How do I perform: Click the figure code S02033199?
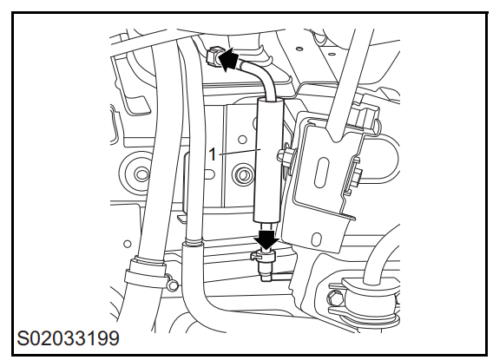(68, 338)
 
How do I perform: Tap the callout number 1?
(213, 154)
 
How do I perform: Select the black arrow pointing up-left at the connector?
(228, 59)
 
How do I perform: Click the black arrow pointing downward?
(266, 239)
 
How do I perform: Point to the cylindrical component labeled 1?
(269, 160)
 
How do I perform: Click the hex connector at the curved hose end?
(214, 56)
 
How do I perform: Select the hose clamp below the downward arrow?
(264, 255)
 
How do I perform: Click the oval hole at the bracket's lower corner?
(318, 239)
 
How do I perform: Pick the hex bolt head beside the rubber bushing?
(333, 298)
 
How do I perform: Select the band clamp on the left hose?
(145, 272)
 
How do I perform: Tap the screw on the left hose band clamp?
(172, 285)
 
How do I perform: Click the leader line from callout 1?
(240, 152)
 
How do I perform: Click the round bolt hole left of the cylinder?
(242, 140)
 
